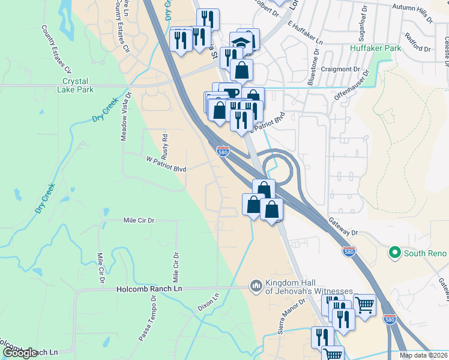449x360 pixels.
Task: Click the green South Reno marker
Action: (394, 253)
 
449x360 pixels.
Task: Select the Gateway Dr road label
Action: (342, 226)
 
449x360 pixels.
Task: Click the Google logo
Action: (20, 353)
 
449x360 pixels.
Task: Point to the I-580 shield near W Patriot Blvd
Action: (222, 152)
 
